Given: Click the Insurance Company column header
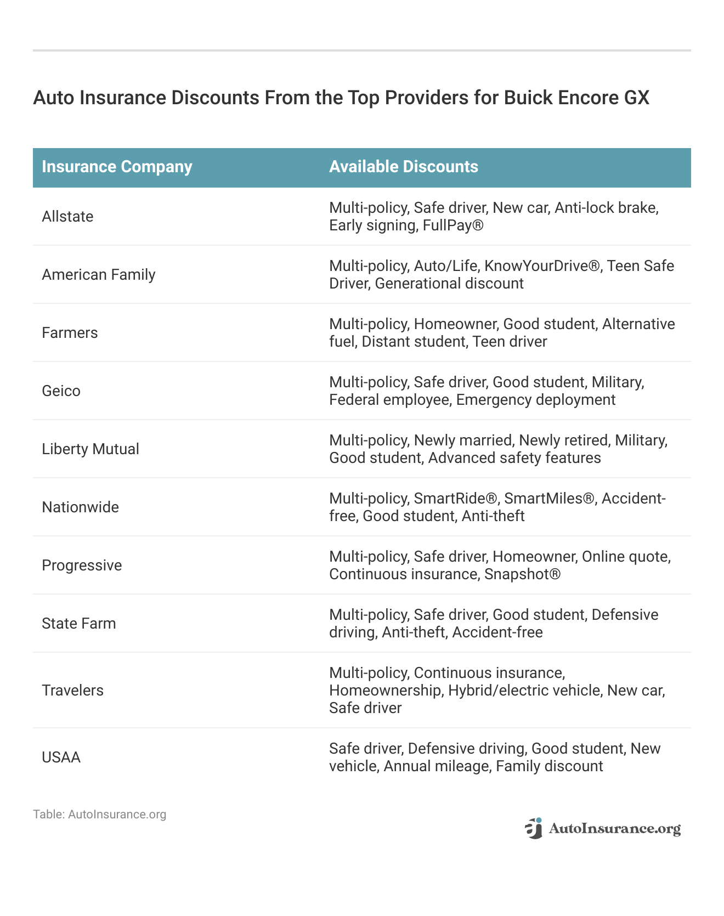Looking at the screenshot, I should (x=117, y=167).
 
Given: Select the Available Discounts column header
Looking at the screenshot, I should (x=403, y=167).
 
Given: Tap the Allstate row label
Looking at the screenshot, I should (x=67, y=217).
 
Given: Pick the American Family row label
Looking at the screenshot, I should (x=99, y=275).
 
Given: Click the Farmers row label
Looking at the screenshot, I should (x=70, y=333).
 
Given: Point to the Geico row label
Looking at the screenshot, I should (x=61, y=391).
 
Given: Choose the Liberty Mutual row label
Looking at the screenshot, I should (x=90, y=449).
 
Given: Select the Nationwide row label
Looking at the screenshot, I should (x=80, y=507).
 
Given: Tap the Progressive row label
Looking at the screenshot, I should (x=82, y=566).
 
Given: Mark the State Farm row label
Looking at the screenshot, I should (x=79, y=624).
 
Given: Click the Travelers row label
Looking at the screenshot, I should (x=72, y=691).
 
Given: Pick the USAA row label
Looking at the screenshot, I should (x=61, y=757).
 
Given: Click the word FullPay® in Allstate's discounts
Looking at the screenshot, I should (x=453, y=225).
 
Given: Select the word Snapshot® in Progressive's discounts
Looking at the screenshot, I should (x=522, y=574).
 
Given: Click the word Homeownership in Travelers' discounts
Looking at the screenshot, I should (x=385, y=691).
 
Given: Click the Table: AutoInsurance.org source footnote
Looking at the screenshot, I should (x=99, y=815).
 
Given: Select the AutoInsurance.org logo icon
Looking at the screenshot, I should (x=533, y=829).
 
